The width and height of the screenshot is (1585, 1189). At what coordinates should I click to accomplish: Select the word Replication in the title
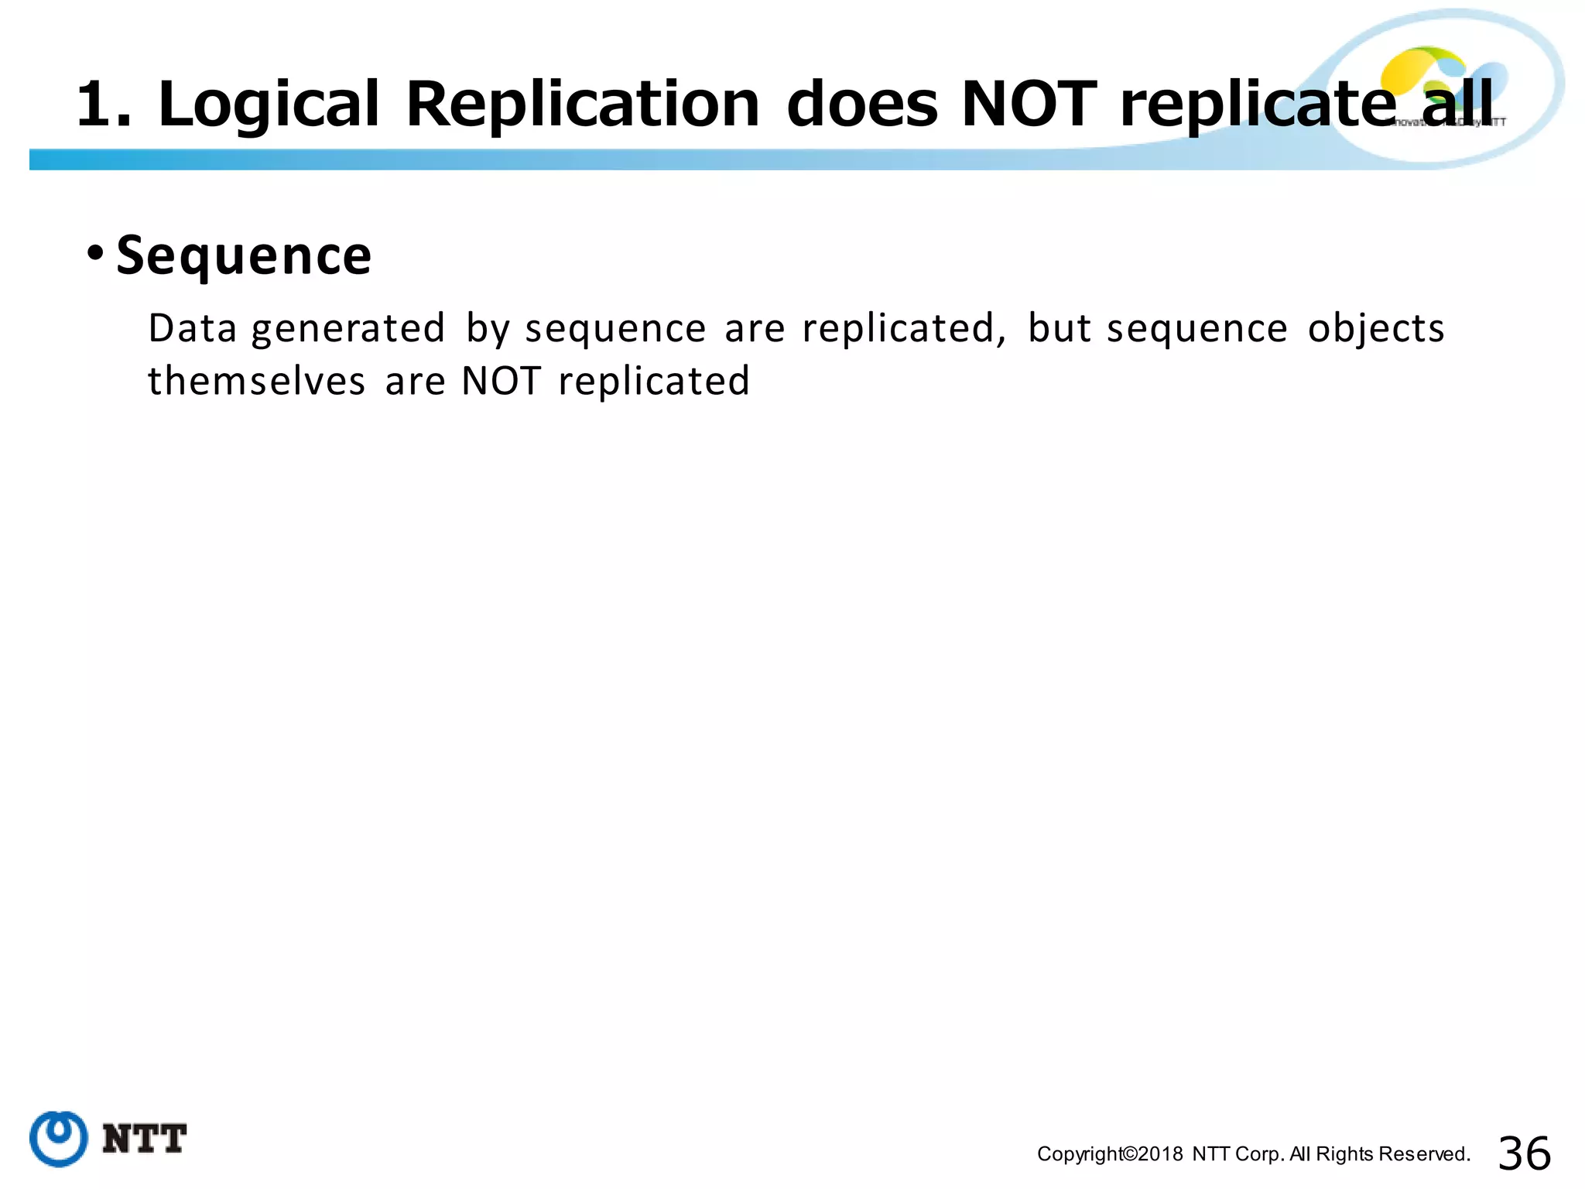583,105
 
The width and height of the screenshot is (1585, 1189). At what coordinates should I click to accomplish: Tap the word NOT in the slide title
1029,105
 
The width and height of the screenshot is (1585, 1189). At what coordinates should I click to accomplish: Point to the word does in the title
862,105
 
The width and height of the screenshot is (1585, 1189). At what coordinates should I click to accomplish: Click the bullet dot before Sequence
95,252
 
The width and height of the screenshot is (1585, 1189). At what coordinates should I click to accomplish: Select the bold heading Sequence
244,255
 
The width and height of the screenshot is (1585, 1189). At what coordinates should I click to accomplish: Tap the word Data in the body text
192,328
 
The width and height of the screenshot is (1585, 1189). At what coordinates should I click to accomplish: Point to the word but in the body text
1059,328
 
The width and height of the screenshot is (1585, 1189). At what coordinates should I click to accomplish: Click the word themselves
256,381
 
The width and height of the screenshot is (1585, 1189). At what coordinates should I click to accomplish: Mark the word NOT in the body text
501,381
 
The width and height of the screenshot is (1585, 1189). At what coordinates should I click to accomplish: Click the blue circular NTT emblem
58,1138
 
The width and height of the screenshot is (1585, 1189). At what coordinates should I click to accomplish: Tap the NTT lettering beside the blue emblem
145,1139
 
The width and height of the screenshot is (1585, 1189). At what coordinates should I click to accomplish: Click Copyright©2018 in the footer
1110,1154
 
